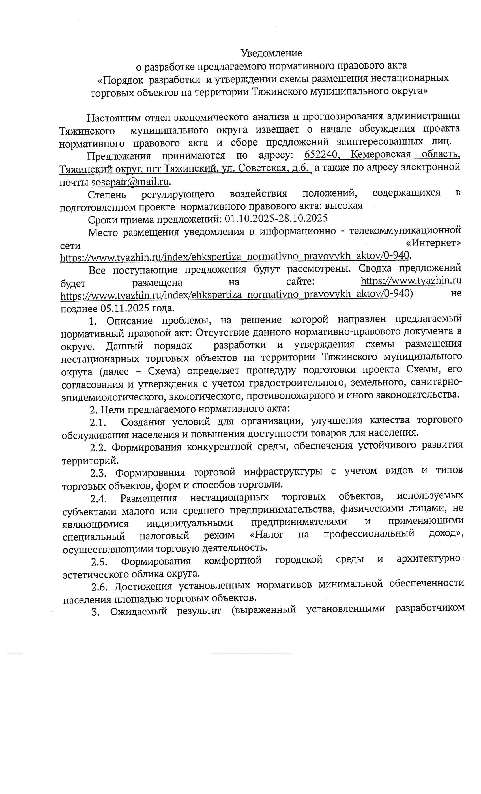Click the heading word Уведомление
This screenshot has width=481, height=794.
(x=271, y=53)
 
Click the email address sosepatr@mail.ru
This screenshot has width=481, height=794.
(x=130, y=182)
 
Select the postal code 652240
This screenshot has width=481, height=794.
(x=321, y=154)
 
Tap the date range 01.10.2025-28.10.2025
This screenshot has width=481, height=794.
(x=276, y=219)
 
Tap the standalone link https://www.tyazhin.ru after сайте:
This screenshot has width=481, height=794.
(x=411, y=281)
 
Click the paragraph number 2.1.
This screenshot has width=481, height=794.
(x=98, y=422)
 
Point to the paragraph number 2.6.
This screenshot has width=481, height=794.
(x=99, y=587)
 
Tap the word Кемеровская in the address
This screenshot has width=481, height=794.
(x=381, y=154)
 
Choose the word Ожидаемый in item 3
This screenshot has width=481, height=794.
(x=138, y=611)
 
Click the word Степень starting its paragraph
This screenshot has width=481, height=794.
(x=107, y=195)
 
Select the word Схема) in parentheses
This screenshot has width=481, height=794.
(x=164, y=371)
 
